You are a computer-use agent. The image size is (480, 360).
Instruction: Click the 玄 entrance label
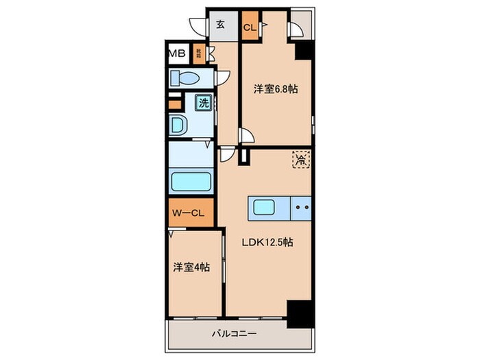point(221,25)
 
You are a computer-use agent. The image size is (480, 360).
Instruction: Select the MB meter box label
point(176,53)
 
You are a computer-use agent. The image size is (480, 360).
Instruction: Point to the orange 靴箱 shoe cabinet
point(198,53)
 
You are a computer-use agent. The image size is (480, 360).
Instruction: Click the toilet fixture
point(186,77)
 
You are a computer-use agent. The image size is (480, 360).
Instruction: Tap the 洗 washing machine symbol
point(204,103)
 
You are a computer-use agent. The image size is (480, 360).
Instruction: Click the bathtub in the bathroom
point(190,183)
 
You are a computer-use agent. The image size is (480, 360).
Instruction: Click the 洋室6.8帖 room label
point(276,89)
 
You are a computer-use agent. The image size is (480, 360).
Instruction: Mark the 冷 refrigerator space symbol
point(301,161)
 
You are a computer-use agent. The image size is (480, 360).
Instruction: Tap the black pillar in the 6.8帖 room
point(302,51)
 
